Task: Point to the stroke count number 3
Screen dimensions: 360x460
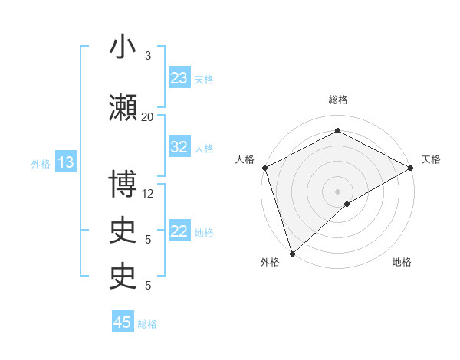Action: click(148, 56)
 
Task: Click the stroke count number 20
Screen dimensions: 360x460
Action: click(148, 116)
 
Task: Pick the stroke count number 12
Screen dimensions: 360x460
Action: click(148, 194)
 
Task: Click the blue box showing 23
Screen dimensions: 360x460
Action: click(179, 78)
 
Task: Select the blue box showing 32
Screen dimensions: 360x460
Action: click(179, 148)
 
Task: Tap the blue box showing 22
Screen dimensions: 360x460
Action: click(179, 232)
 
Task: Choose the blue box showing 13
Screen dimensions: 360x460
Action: click(65, 162)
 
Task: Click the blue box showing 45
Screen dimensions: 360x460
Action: click(123, 322)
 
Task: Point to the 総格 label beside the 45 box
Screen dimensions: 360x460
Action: click(147, 324)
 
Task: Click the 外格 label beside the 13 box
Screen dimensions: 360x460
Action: click(40, 163)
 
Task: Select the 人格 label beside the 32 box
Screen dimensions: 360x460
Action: click(204, 149)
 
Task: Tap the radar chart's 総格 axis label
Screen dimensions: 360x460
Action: click(337, 100)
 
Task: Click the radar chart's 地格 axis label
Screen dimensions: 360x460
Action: click(402, 263)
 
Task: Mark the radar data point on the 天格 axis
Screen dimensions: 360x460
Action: click(411, 168)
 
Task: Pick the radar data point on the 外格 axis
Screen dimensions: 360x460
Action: click(292, 253)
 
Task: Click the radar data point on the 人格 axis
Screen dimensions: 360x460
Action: click(264, 168)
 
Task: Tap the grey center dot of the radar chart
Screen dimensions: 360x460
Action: click(337, 191)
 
